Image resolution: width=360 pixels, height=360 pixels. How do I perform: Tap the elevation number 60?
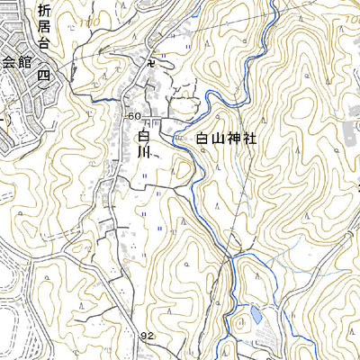[134, 117]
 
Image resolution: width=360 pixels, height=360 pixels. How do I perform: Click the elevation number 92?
[148, 336]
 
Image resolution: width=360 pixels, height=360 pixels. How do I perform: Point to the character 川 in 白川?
[145, 153]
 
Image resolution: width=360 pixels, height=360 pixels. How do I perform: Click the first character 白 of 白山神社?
[202, 139]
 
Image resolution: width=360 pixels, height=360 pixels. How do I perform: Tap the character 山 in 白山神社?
[220, 139]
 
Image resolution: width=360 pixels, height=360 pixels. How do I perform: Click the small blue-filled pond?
[256, 314]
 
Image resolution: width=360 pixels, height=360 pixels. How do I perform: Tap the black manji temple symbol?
[151, 62]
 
